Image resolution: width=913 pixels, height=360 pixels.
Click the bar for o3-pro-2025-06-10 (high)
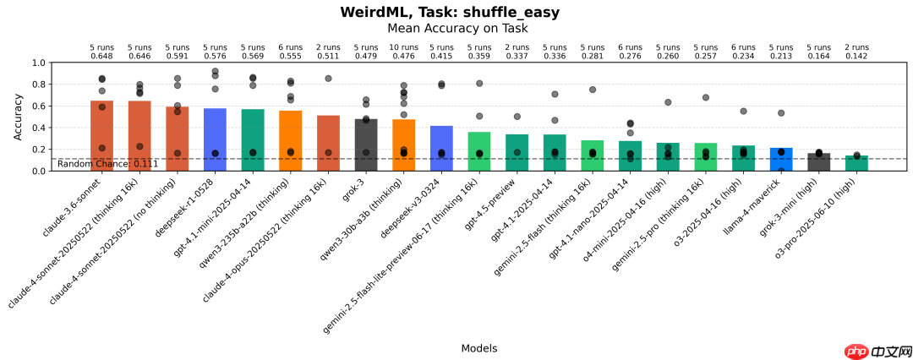(856, 163)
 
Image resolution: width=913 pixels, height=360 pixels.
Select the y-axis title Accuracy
(18, 117)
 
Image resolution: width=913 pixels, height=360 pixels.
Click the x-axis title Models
(478, 348)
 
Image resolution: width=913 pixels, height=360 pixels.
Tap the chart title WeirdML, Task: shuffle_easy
(450, 12)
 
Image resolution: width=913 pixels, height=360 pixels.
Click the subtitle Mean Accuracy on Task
(457, 28)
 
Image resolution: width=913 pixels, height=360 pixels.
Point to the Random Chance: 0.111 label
(107, 163)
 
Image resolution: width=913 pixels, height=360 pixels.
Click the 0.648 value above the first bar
(101, 56)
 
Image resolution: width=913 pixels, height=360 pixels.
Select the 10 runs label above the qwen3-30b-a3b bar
(403, 47)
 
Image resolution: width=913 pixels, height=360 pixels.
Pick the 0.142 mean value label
(856, 56)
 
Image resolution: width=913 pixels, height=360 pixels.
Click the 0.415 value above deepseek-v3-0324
(441, 56)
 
